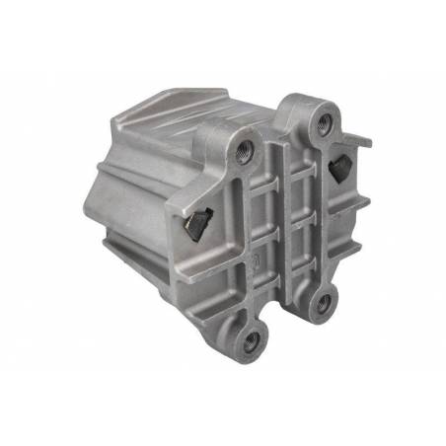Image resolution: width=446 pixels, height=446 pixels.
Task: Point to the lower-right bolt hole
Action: pyautogui.click(x=322, y=307)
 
